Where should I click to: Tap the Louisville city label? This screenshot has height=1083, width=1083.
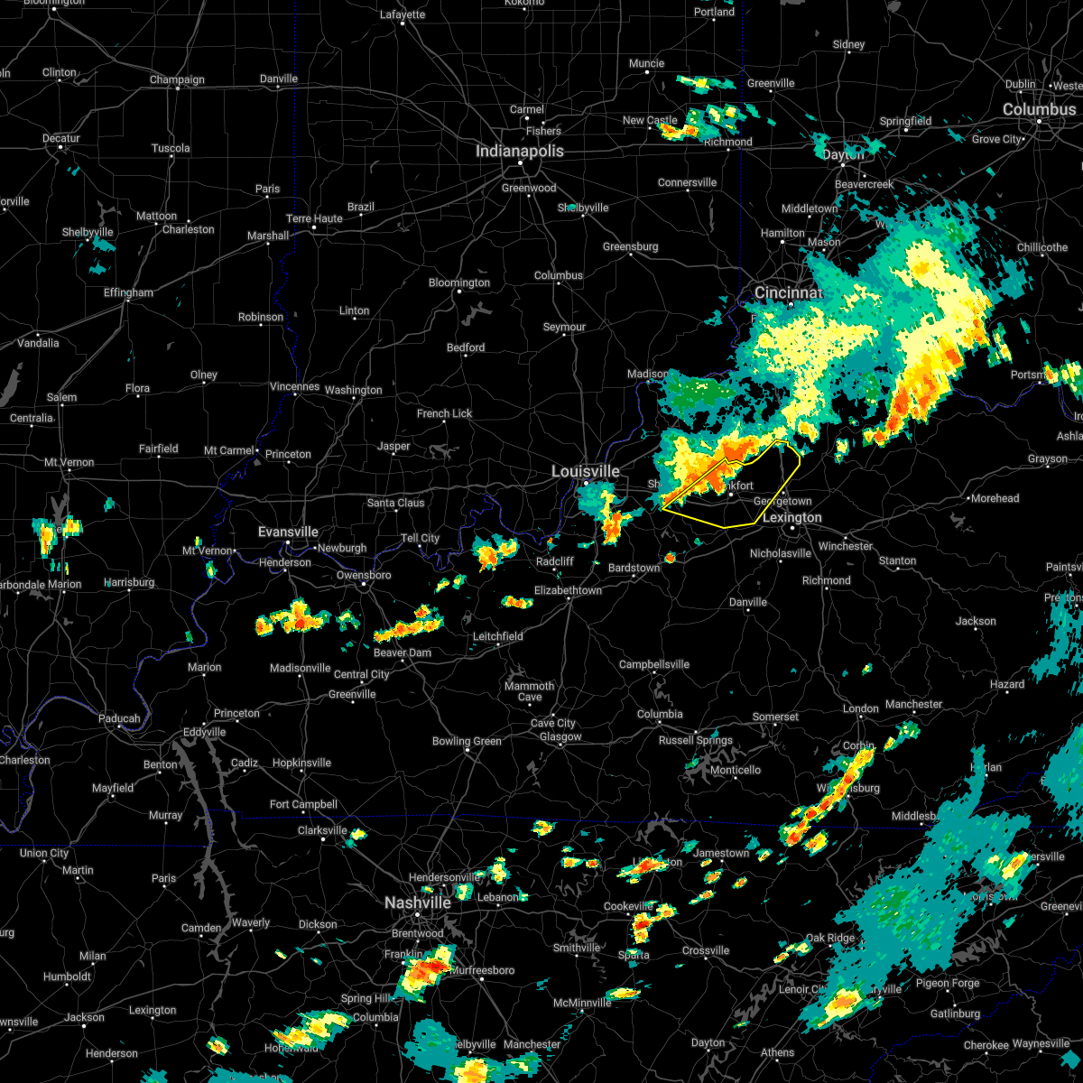tap(586, 472)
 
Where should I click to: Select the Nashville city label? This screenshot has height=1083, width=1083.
tap(418, 903)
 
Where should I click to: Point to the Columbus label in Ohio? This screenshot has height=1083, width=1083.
tap(1039, 109)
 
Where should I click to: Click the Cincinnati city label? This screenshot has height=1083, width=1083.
tap(788, 293)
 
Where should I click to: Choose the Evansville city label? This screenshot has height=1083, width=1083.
tap(288, 532)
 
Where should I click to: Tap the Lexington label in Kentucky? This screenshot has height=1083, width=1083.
tap(791, 518)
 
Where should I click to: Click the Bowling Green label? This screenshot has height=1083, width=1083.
tap(467, 742)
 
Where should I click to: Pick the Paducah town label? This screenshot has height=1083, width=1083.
tap(119, 719)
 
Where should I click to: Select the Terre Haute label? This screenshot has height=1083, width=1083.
tap(314, 219)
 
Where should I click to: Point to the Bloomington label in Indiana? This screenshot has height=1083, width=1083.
tap(459, 283)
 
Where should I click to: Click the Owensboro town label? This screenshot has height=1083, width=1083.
tap(364, 576)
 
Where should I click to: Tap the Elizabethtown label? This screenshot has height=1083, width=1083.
tap(568, 591)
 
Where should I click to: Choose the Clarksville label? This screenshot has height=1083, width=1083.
tap(322, 831)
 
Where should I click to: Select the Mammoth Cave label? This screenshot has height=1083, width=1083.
tap(530, 691)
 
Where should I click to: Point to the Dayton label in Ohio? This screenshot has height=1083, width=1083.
tap(843, 155)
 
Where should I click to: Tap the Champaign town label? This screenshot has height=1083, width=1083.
tap(177, 80)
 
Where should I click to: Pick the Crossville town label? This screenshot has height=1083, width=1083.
tap(706, 951)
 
